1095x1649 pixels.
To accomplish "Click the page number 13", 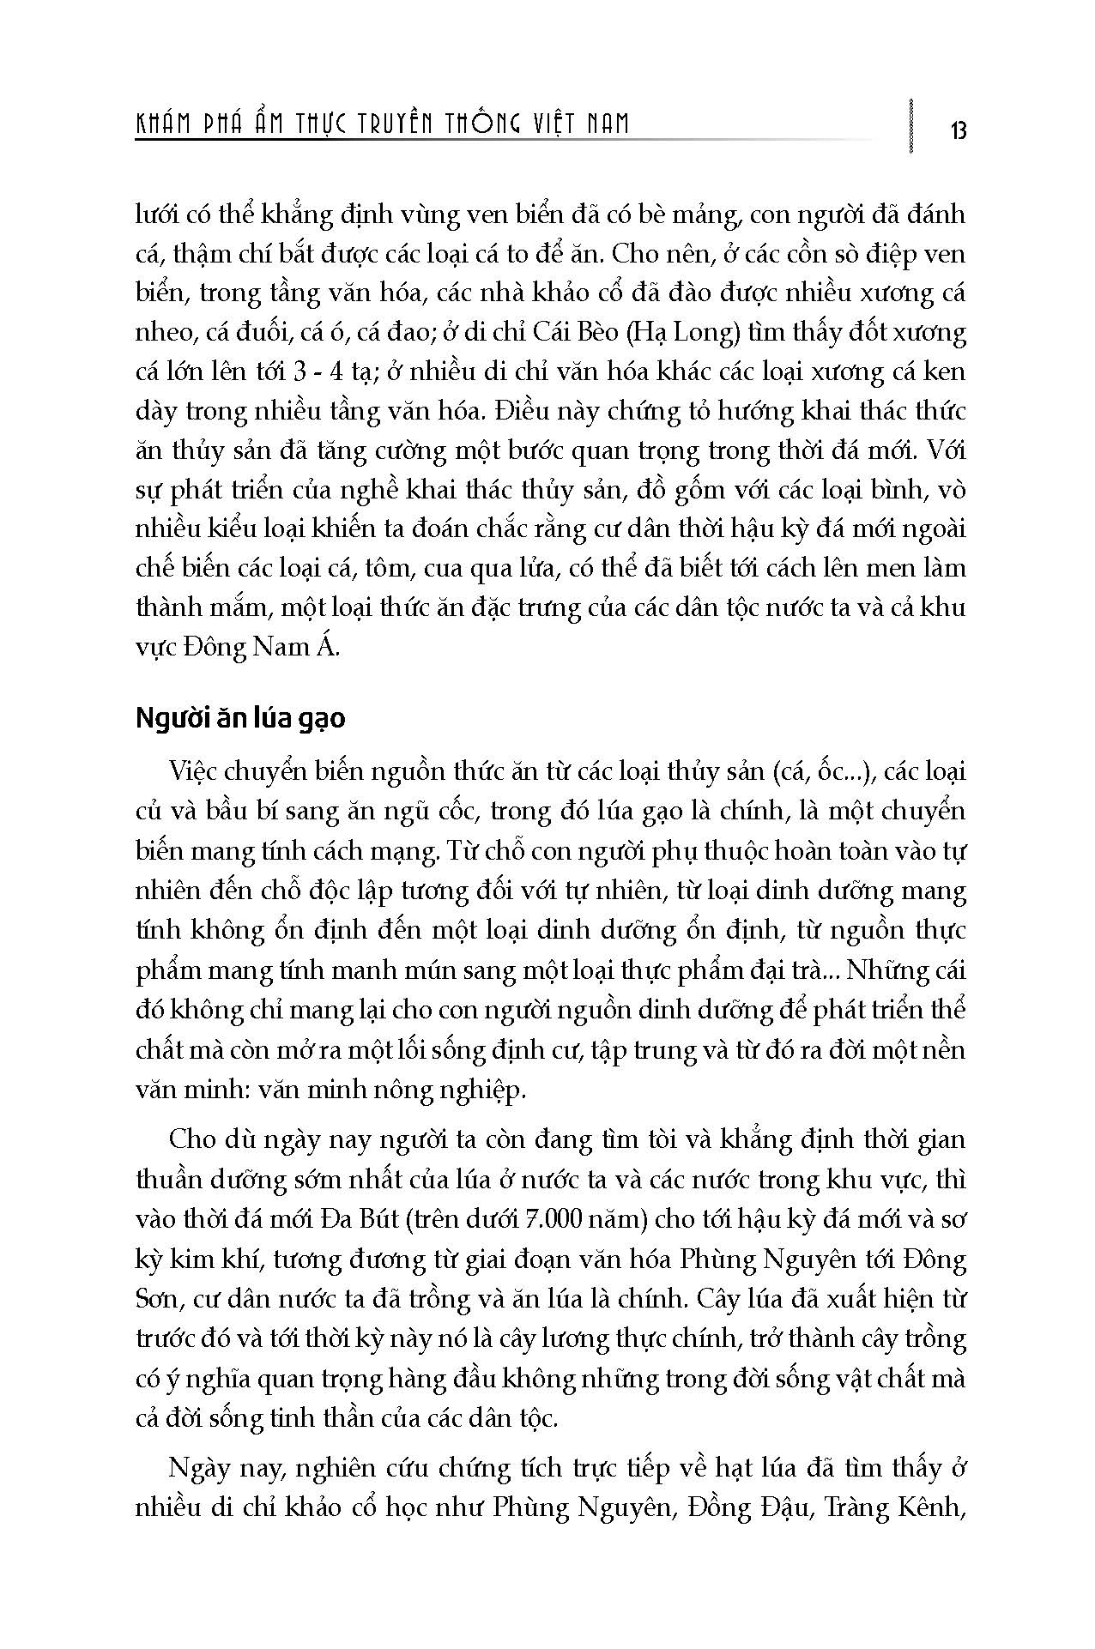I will click(958, 130).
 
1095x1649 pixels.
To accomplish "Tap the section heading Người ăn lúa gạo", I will click(240, 717).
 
